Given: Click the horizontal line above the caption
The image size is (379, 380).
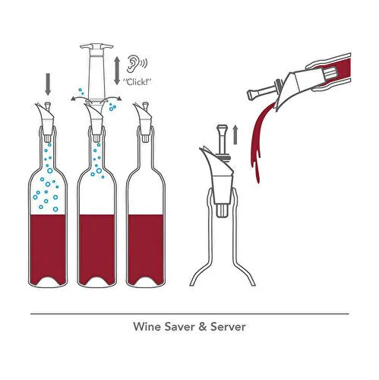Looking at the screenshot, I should tap(189, 313).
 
